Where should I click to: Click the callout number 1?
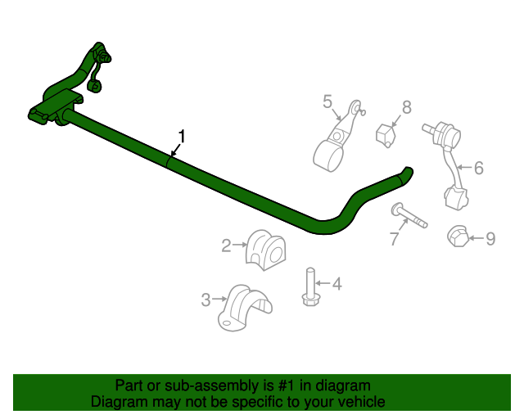pos(183,136)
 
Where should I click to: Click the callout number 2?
pos(226,244)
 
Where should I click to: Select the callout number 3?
pos(206,300)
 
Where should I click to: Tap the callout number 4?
pos(336,284)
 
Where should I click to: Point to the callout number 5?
pos(327,101)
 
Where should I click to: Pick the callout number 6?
pos(478,168)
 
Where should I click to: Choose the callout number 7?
pos(394,239)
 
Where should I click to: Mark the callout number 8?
pos(406,107)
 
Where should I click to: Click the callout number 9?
pos(490,238)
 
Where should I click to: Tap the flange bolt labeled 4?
pos(310,287)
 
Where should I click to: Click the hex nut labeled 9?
pos(457,236)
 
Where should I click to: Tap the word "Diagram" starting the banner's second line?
pos(120,402)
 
